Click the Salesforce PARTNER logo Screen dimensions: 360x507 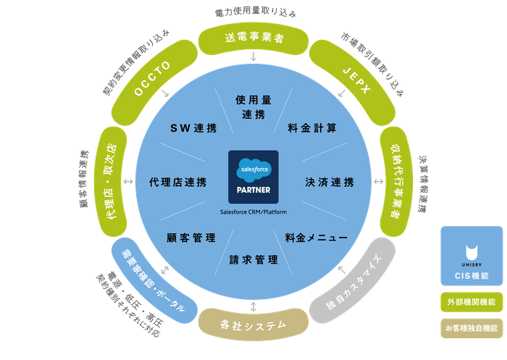tap(253, 178)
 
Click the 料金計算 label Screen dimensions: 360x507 tap(312, 127)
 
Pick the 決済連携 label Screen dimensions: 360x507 tap(330, 182)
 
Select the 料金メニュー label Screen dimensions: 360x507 tap(316, 237)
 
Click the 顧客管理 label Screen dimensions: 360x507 tap(190, 237)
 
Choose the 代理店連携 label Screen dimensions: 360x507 tap(177, 182)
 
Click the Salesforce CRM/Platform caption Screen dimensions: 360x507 tap(253, 212)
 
